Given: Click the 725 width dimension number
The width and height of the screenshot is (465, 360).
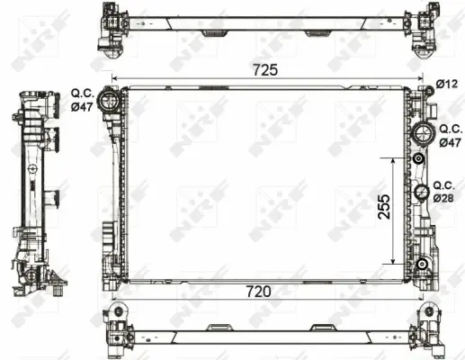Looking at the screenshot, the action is click(265, 70).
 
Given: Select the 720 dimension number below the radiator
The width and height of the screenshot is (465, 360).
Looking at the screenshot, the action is click(258, 291).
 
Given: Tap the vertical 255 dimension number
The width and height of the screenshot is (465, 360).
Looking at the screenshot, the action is click(384, 207).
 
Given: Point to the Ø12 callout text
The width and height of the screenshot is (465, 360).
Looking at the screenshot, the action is click(447, 84).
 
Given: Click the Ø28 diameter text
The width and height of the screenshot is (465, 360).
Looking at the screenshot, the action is click(443, 198).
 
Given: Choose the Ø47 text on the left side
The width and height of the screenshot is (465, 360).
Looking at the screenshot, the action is click(82, 106).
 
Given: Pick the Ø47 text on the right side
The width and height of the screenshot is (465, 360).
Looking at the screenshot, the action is click(450, 142).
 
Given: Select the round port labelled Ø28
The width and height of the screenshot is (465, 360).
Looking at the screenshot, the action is click(422, 193).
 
